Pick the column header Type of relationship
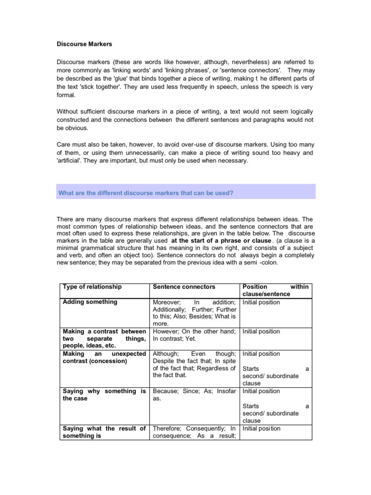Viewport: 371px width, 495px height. pyautogui.click(x=92, y=287)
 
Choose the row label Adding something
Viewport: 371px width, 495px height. pyautogui.click(x=90, y=302)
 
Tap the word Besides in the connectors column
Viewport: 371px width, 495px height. pyautogui.click(x=201, y=317)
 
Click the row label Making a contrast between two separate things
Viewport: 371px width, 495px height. pyautogui.click(x=104, y=338)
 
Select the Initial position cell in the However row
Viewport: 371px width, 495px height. pyautogui.click(x=261, y=332)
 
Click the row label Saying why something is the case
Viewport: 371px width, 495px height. pyautogui.click(x=104, y=394)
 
